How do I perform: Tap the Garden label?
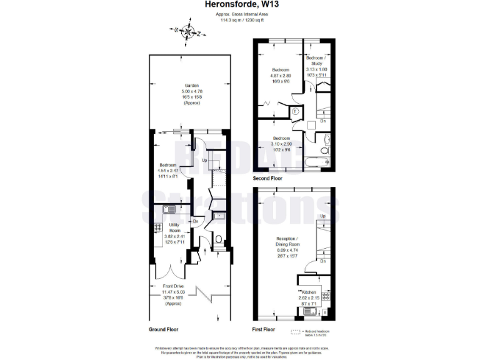[x=191, y=85]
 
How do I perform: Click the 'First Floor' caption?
[x=264, y=329]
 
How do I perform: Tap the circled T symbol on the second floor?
[x=294, y=112]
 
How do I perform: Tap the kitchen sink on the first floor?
[x=309, y=311]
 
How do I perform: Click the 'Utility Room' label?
[x=175, y=228]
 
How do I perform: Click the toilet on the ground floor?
[x=217, y=239]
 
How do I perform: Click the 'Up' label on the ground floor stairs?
[x=204, y=161]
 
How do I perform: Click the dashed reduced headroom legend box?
[x=296, y=331]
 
